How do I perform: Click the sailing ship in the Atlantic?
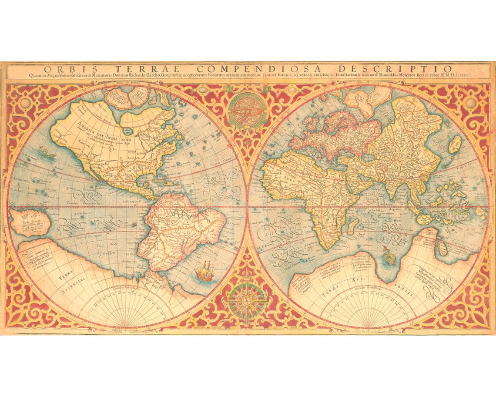click(205, 271)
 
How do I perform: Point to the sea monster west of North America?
click(46, 152)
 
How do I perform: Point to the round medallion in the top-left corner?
click(25, 103)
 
